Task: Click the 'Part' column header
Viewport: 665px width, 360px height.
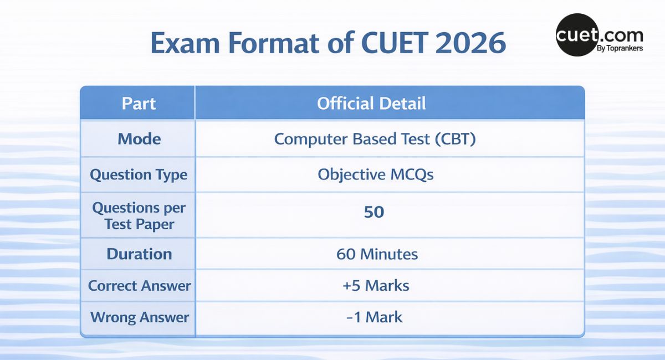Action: (x=139, y=103)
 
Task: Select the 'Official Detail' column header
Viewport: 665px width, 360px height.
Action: (x=371, y=103)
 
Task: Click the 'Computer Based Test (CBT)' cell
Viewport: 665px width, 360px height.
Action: (x=375, y=139)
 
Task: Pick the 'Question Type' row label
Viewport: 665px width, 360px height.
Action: (x=139, y=175)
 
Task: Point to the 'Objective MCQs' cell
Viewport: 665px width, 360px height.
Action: (x=375, y=175)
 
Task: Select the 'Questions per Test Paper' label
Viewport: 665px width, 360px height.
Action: (x=139, y=216)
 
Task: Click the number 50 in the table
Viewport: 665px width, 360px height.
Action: (x=374, y=213)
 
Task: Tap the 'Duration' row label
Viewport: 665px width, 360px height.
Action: (x=139, y=254)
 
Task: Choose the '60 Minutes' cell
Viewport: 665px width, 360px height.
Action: (x=377, y=254)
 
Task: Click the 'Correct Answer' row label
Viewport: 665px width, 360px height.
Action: (x=139, y=286)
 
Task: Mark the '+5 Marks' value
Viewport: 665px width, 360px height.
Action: (x=376, y=286)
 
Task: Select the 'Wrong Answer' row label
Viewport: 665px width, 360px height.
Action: (x=139, y=317)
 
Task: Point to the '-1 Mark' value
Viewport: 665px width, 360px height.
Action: (x=375, y=317)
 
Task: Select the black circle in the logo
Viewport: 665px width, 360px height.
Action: (x=576, y=35)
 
